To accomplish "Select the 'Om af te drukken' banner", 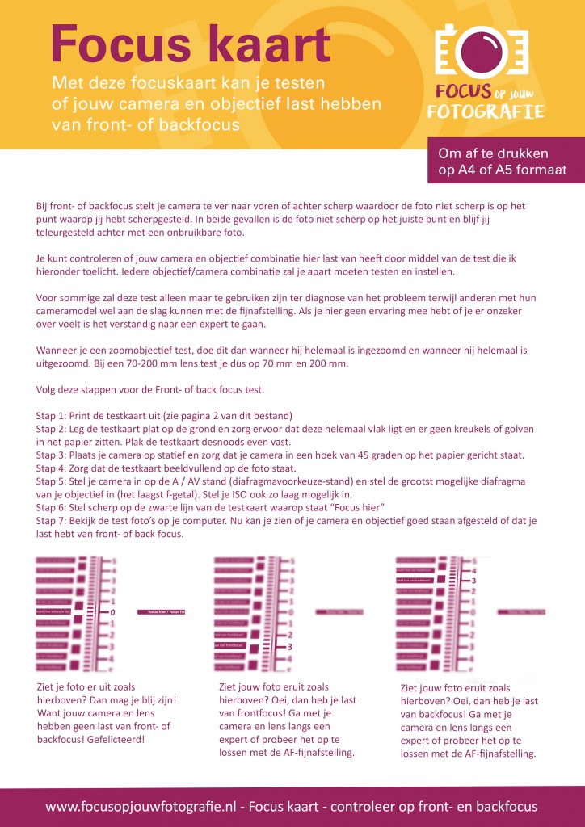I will point(505,162).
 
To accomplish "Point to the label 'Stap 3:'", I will point(55,455).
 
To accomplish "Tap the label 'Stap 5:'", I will point(55,481).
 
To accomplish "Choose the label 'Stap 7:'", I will point(55,521).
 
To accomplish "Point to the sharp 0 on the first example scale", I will point(112,613).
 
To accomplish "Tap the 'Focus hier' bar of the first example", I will point(162,613).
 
